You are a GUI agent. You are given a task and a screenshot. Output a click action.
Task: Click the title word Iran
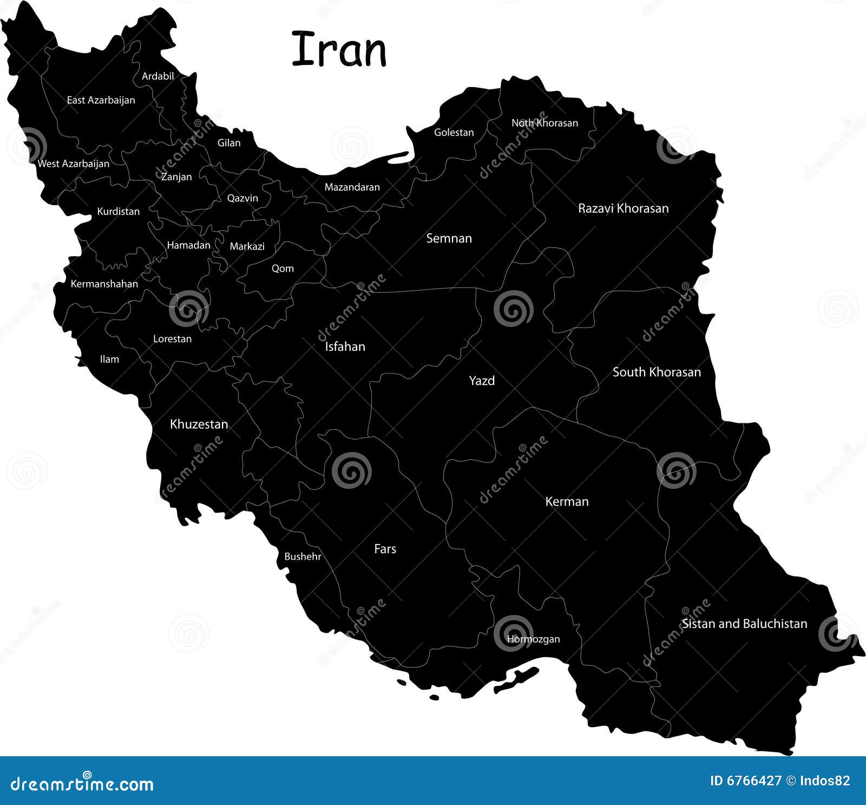pos(339,50)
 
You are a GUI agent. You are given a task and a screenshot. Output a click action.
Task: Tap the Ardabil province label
pos(158,76)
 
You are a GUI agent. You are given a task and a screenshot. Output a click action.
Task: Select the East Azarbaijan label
pos(101,100)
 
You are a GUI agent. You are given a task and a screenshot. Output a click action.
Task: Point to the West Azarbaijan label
pos(73,163)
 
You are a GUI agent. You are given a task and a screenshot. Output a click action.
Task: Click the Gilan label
pos(229,143)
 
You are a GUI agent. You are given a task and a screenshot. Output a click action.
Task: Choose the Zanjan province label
pos(176,177)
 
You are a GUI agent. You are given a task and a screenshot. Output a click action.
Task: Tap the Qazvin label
pos(242,198)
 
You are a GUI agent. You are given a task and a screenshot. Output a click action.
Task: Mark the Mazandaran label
pos(352,187)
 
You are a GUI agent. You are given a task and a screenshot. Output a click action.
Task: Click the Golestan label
pos(454,133)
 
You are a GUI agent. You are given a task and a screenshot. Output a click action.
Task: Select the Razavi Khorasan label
pos(623,208)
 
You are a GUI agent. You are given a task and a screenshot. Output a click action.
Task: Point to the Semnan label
pos(449,238)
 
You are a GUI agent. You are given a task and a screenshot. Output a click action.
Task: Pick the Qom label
pos(283,269)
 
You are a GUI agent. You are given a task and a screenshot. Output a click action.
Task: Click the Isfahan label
pos(345,346)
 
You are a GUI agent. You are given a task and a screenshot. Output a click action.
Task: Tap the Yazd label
pos(482,381)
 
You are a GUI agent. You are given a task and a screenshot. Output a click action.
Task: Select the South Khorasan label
pos(657,372)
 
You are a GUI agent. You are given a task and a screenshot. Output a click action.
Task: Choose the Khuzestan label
pos(199,424)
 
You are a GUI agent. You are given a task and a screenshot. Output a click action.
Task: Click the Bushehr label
pos(303,557)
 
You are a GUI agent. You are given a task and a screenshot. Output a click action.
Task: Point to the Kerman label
pos(567,501)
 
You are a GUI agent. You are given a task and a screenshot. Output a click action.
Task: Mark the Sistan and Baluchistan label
pos(744,624)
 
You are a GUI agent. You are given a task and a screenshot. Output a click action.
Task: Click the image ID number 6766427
pos(746,780)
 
